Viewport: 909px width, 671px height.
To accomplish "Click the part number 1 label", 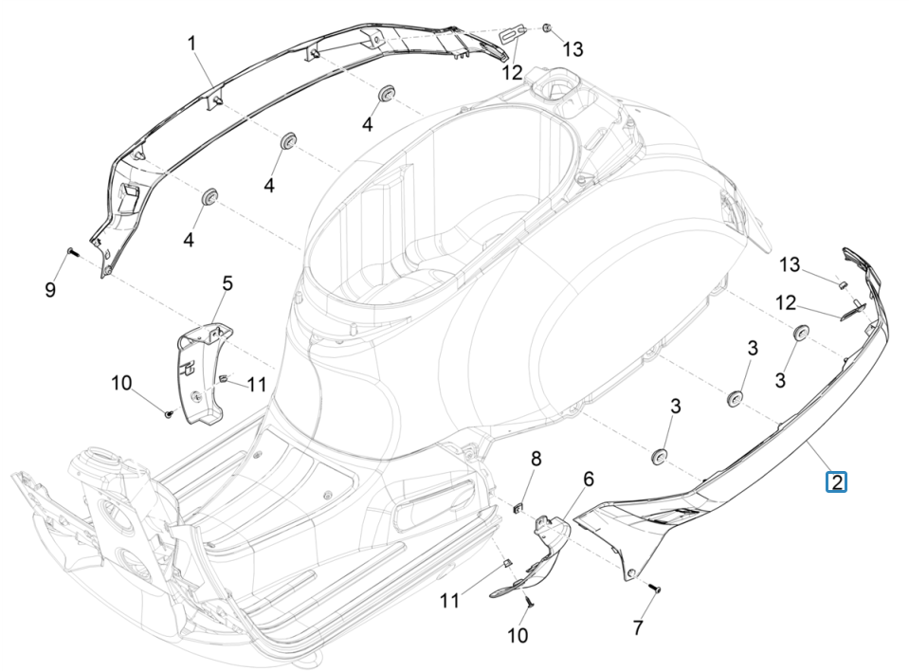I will (191, 43).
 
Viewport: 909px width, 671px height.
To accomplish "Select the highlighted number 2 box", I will (835, 482).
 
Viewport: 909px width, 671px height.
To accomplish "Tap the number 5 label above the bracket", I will (227, 283).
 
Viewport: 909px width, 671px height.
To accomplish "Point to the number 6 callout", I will (589, 480).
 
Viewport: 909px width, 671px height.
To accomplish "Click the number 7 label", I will (638, 626).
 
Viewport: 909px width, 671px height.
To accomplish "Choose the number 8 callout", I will (536, 459).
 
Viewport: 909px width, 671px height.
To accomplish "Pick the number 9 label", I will (50, 290).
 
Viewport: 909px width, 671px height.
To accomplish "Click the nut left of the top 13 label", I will (548, 29).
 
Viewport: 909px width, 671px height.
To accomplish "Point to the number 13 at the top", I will (573, 49).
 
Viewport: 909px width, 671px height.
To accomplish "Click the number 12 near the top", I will (512, 72).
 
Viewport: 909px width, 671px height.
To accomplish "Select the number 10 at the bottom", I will (518, 636).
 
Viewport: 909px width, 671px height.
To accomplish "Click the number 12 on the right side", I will (786, 302).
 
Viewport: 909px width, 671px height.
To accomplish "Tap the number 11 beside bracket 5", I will (258, 384).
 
